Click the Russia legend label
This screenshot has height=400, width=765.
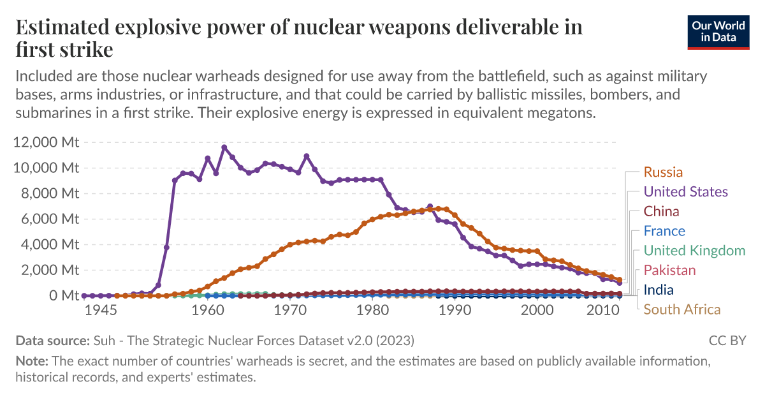click(663, 172)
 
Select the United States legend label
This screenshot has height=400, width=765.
click(685, 192)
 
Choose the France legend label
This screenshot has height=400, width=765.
click(664, 231)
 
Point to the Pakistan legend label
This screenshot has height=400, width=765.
click(669, 270)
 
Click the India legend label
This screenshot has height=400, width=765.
click(659, 290)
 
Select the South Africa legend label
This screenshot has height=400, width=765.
click(682, 310)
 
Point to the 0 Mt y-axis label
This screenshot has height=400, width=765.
click(61, 295)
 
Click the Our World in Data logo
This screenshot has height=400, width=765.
click(718, 30)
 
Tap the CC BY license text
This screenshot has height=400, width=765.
click(727, 341)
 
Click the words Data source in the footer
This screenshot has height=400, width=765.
click(52, 341)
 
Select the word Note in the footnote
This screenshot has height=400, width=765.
click(32, 361)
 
